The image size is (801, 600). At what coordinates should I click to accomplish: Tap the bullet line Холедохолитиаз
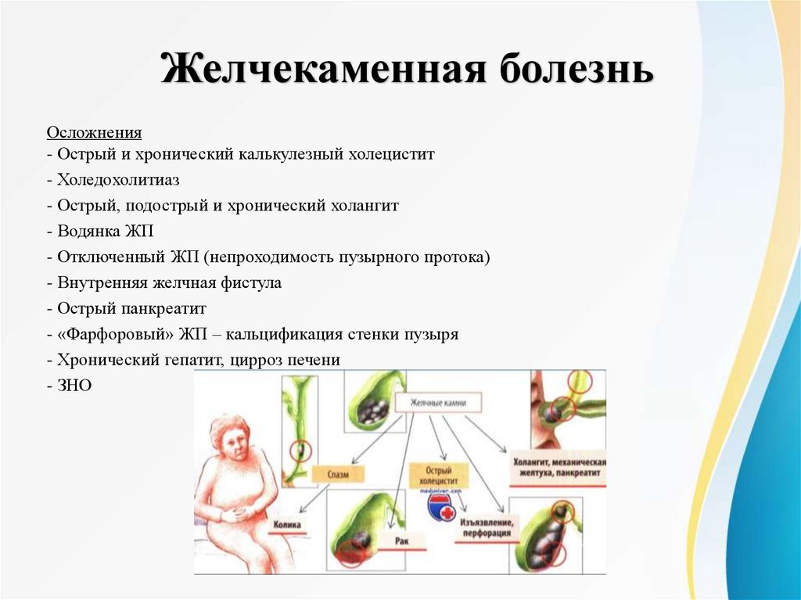117,180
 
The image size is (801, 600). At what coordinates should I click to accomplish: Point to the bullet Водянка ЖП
105,232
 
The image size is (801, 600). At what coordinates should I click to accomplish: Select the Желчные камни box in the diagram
437,403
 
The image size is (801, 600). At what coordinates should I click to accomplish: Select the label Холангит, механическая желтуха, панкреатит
559,468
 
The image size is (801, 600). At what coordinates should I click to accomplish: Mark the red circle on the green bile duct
300,451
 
